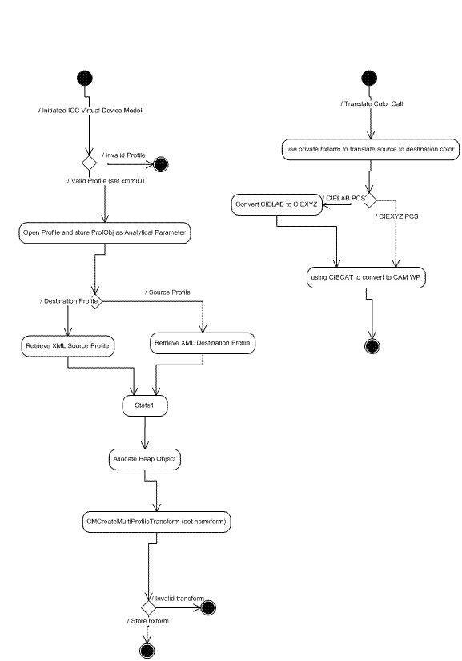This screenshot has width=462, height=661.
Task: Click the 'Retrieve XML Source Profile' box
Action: tap(68, 346)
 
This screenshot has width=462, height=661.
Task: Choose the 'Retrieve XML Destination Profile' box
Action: tap(202, 343)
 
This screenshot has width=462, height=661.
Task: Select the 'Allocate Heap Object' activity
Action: tap(144, 460)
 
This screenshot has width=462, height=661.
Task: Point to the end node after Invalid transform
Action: tap(209, 607)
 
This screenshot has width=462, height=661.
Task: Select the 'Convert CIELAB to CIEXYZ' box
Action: tap(275, 204)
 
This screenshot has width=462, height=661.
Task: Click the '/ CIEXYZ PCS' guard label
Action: tap(397, 216)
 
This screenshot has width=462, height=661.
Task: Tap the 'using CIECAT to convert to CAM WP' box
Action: tap(364, 278)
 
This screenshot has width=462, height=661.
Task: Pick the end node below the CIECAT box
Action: tap(371, 345)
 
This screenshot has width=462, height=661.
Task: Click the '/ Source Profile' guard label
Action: tap(167, 292)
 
